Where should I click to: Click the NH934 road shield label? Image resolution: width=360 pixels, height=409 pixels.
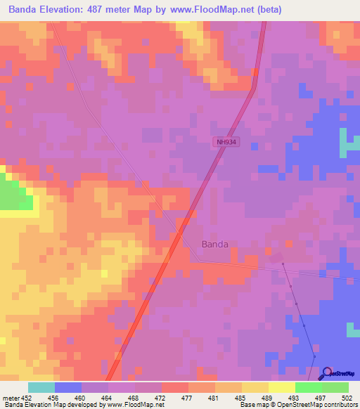coord(226,142)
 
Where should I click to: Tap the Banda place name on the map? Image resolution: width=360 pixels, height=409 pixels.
coord(215,245)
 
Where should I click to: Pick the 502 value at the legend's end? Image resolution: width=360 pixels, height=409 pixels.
coord(347,397)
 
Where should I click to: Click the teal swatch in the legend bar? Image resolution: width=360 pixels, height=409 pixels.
coord(41,387)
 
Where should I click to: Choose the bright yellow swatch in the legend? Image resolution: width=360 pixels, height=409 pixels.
coord(281,387)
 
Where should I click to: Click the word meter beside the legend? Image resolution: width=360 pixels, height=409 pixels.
coord(11,397)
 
